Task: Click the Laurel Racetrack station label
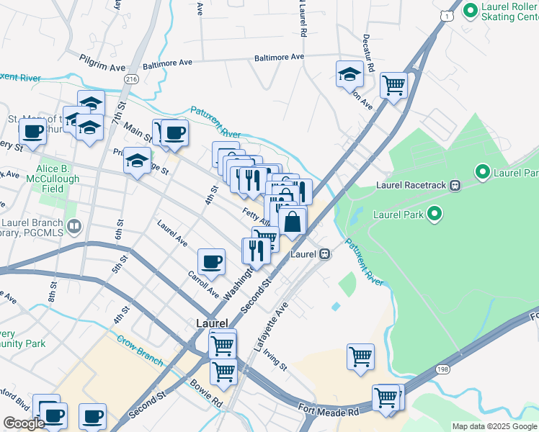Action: [412, 185]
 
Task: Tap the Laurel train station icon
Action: [326, 254]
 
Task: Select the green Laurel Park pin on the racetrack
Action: [434, 213]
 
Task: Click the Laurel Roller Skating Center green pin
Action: [471, 11]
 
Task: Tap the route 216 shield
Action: [130, 78]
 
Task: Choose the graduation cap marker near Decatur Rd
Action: [349, 74]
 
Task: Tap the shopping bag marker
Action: [293, 221]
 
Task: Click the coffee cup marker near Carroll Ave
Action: [211, 262]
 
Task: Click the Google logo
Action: [23, 424]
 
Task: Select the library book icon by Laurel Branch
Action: [73, 228]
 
